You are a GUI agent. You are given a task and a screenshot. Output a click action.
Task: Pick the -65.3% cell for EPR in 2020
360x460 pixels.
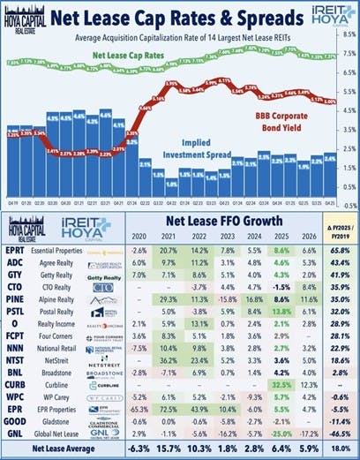coord(137,410)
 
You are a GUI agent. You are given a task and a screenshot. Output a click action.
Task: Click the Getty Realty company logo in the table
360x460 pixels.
coord(105,276)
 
